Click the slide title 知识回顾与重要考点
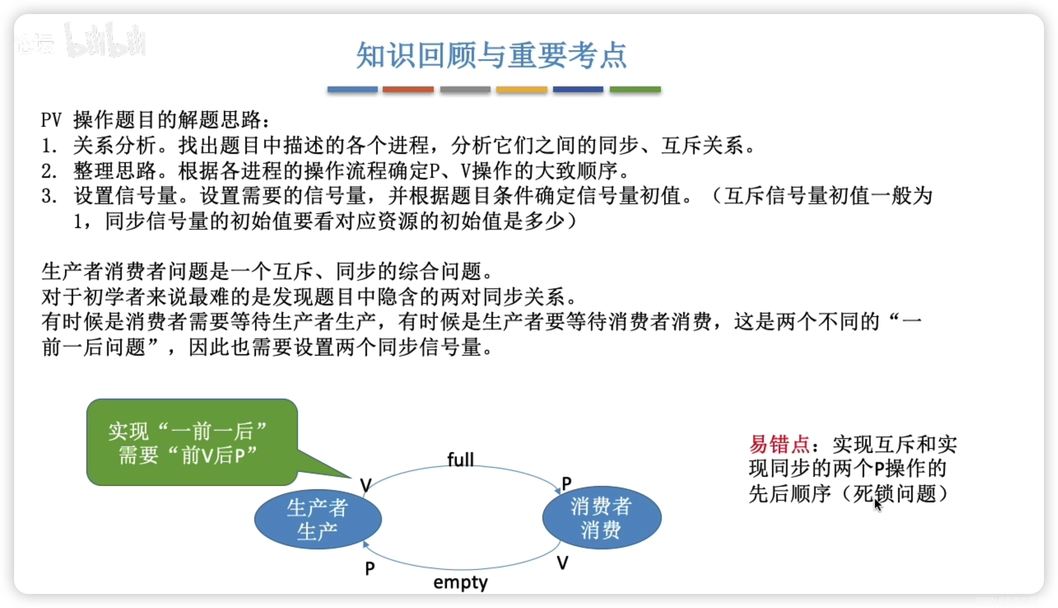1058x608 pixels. (x=491, y=55)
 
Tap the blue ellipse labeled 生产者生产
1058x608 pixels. (x=318, y=519)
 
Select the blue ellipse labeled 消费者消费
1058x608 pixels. (x=601, y=518)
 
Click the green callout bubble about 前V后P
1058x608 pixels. (x=192, y=442)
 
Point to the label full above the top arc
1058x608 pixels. (x=461, y=460)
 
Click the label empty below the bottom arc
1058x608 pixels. (x=461, y=582)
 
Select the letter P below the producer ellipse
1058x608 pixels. (x=370, y=568)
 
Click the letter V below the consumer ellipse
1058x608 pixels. (x=562, y=563)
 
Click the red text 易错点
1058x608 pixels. (x=779, y=444)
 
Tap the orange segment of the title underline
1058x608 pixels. (x=408, y=89)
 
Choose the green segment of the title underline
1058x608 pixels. (x=635, y=89)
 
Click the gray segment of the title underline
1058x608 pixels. (x=465, y=89)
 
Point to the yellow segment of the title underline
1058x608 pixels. (x=522, y=89)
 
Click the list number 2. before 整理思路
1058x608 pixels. (x=49, y=171)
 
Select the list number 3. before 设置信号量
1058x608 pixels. (x=49, y=196)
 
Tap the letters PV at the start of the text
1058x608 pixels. (x=51, y=121)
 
